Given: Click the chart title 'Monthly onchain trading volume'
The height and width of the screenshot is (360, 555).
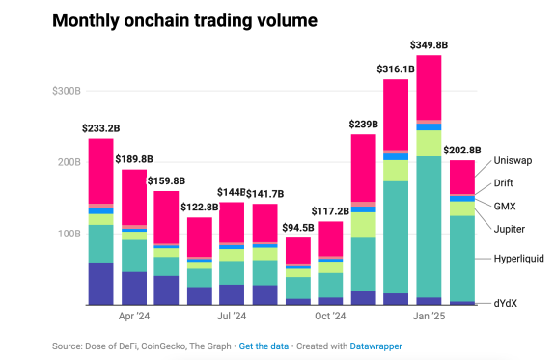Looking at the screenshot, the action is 184,20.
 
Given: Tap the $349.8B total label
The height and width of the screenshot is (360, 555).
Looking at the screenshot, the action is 429,45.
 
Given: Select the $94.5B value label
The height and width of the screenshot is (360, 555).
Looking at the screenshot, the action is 298,228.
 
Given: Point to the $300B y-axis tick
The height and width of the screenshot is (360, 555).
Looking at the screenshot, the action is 67,91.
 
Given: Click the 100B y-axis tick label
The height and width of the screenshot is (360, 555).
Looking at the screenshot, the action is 69,234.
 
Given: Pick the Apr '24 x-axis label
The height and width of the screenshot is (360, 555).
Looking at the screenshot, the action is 134,317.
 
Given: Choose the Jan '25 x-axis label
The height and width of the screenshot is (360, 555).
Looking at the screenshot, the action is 429,317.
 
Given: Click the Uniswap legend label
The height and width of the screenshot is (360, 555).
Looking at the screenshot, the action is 513,161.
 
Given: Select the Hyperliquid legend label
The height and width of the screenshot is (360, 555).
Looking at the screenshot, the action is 519,259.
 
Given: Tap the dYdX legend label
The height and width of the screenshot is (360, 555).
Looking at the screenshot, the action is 506,303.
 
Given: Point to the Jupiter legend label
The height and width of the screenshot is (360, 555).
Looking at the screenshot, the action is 510,229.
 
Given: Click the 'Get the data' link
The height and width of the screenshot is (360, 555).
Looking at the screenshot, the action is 264,346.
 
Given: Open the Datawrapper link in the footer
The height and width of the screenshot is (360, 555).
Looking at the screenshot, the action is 375,346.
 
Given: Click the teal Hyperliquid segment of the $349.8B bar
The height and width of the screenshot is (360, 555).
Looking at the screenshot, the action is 429,227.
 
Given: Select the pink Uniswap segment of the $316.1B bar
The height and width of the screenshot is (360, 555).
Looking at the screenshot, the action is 396,115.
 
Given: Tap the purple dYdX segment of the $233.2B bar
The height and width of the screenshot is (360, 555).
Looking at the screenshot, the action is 101,284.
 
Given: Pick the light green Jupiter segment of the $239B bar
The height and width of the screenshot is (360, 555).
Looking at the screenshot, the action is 364,225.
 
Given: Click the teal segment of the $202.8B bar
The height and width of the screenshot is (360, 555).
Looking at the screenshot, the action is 462,259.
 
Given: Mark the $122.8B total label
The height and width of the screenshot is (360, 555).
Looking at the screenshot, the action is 199,208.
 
